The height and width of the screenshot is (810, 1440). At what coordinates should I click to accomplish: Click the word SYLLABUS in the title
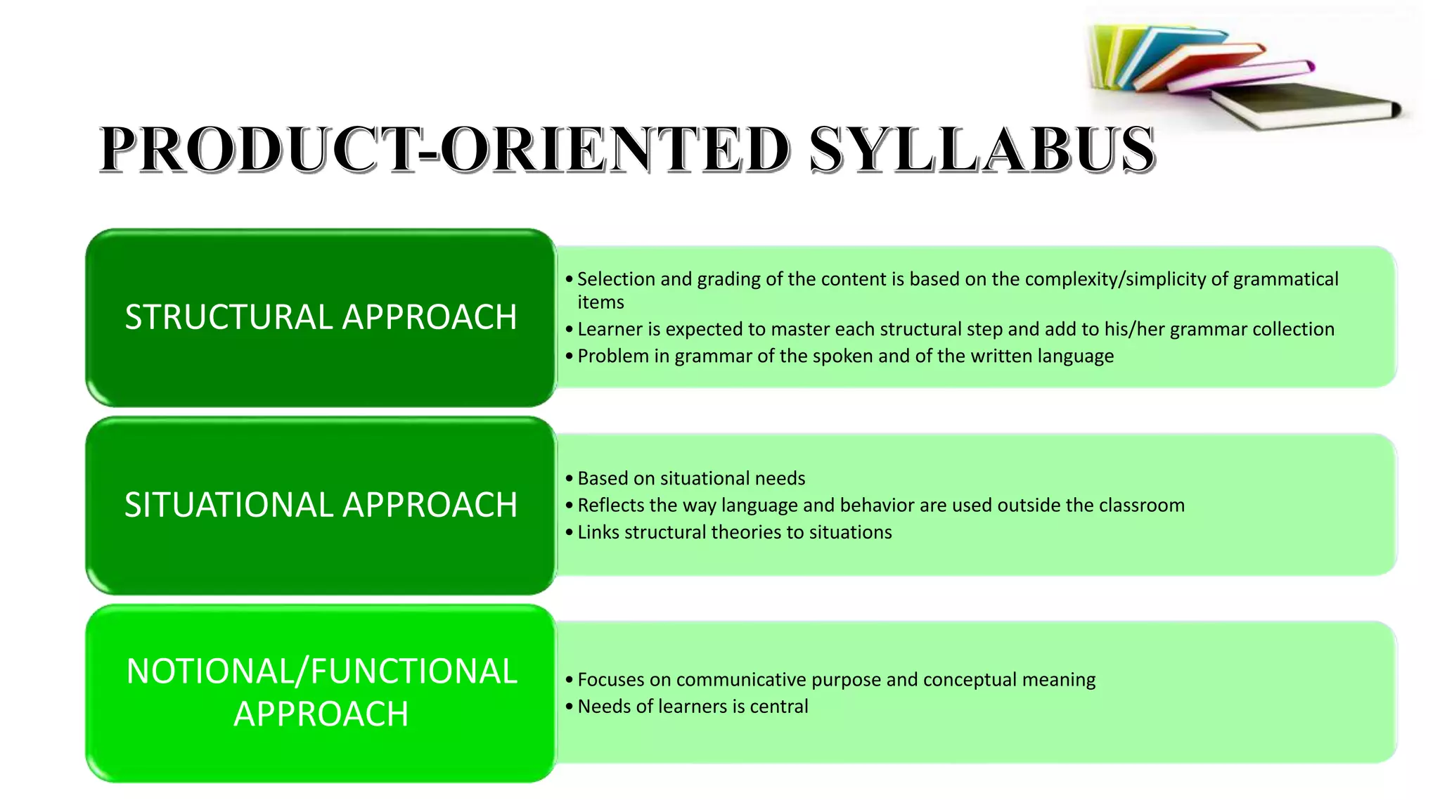(x=982, y=149)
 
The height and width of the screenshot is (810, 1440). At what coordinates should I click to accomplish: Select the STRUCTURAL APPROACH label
(x=321, y=317)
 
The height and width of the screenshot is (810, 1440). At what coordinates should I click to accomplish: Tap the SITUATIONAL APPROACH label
(x=321, y=505)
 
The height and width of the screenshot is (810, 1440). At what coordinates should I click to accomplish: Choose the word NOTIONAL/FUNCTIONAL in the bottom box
(x=321, y=671)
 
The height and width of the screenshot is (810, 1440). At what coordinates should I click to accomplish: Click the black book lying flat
(x=1308, y=105)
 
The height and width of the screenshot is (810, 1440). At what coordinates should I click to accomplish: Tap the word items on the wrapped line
(x=600, y=302)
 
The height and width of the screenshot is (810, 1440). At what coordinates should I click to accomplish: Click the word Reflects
(x=610, y=505)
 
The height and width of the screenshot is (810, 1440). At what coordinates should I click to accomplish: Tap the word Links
(x=598, y=532)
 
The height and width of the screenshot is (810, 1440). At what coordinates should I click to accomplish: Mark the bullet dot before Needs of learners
(x=570, y=706)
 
